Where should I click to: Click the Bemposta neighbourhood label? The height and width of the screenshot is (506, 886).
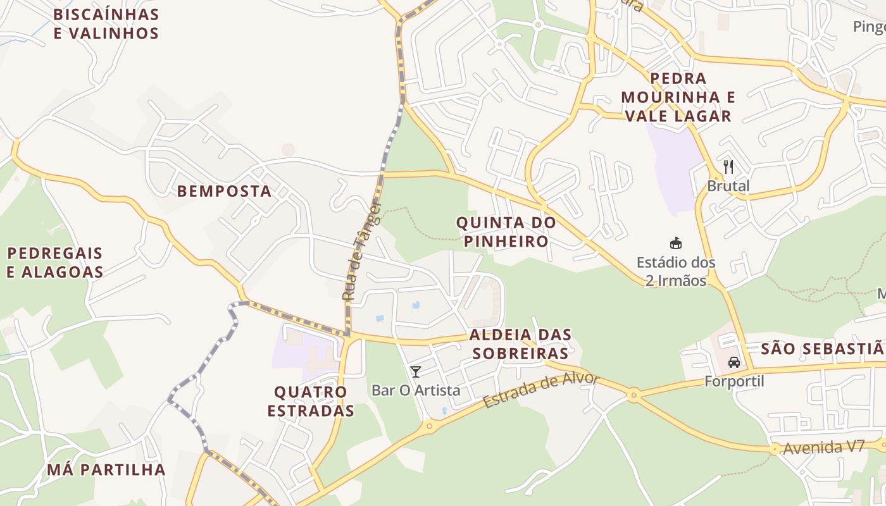point(224,191)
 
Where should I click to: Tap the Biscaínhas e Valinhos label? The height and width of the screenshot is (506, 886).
point(106,23)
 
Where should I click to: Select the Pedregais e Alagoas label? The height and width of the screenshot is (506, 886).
point(55,262)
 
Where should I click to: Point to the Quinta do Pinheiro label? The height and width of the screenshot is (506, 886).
point(506,231)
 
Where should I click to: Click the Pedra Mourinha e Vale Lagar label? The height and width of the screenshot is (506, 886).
point(677,97)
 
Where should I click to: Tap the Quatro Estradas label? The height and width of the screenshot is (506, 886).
point(310,401)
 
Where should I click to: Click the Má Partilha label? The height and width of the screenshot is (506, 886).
point(106,470)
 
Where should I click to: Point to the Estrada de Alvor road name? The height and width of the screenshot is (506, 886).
point(540,390)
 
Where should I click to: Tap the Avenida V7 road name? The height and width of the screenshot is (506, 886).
point(823,447)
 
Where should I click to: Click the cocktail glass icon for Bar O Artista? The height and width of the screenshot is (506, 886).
point(415,371)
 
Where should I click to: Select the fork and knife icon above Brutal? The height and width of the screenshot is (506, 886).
point(728,167)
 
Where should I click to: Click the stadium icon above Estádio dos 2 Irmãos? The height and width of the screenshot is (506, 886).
point(676,243)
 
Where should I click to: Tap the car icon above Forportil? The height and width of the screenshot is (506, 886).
point(734,362)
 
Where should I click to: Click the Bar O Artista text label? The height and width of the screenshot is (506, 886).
point(416,390)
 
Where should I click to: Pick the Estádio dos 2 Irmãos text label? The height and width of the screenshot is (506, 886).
point(676,271)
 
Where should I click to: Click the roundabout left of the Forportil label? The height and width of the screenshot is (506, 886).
point(633,396)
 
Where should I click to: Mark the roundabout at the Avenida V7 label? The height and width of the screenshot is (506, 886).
point(775,449)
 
